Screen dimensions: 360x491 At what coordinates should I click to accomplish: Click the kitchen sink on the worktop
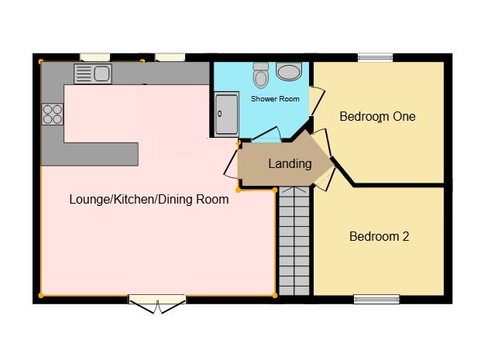pyautogui.click(x=93, y=74)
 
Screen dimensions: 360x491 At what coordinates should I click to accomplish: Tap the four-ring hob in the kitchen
pyautogui.click(x=53, y=115)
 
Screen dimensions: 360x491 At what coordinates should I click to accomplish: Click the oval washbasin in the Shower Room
pyautogui.click(x=290, y=72)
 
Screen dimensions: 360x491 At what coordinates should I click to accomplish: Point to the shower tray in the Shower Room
pyautogui.click(x=226, y=114)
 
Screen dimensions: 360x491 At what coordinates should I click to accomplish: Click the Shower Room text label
pyautogui.click(x=274, y=99)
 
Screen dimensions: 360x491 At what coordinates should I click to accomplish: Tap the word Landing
pyautogui.click(x=290, y=164)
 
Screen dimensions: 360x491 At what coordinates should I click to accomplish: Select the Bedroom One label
pyautogui.click(x=377, y=117)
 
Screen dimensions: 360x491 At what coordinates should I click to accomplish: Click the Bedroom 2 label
pyautogui.click(x=379, y=237)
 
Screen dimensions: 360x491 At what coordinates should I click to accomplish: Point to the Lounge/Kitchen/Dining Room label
pyautogui.click(x=149, y=200)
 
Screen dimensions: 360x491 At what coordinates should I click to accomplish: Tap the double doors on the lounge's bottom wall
pyautogui.click(x=157, y=303)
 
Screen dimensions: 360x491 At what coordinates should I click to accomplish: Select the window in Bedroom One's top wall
pyautogui.click(x=375, y=57)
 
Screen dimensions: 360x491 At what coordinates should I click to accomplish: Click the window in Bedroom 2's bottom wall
pyautogui.click(x=376, y=298)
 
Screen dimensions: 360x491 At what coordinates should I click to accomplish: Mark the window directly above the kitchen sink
pyautogui.click(x=94, y=57)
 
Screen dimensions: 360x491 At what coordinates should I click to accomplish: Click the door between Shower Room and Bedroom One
pyautogui.click(x=314, y=101)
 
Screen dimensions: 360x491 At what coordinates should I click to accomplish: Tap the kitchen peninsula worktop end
pyautogui.click(x=128, y=153)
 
